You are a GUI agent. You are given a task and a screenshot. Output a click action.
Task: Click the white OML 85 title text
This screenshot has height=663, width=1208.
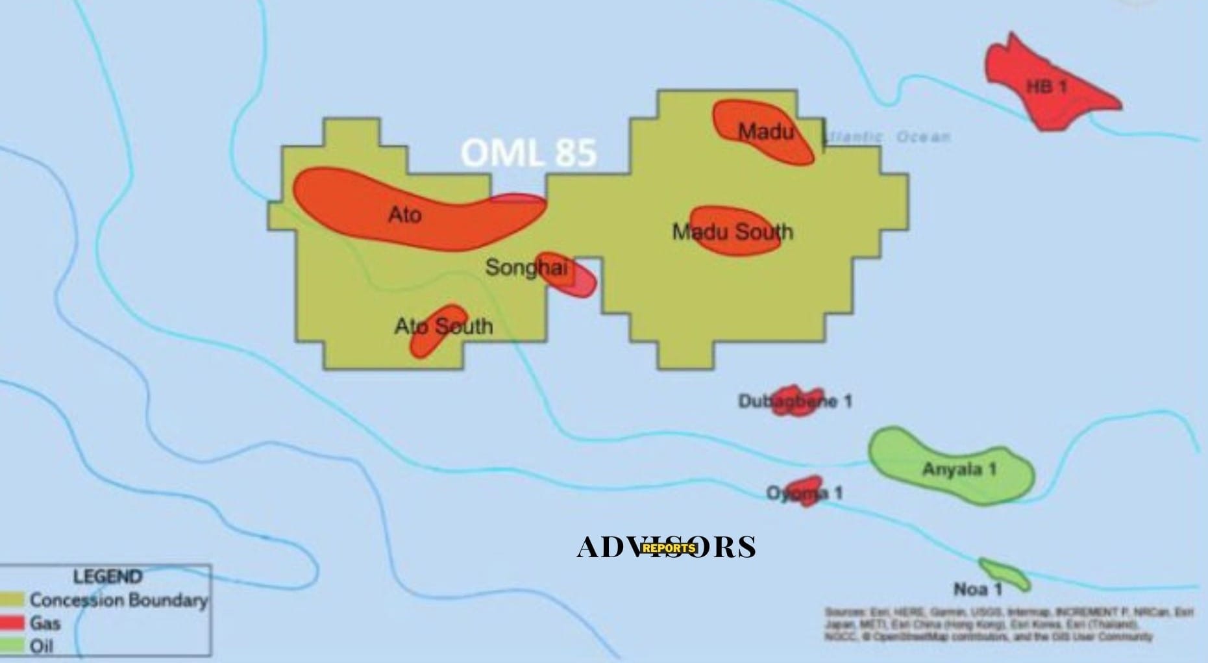click(528, 153)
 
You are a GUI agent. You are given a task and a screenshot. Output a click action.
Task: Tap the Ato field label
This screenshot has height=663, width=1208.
click(405, 214)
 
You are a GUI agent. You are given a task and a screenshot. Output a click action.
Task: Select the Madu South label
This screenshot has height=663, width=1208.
click(732, 231)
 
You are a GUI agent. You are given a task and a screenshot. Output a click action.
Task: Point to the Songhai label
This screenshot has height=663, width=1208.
click(526, 267)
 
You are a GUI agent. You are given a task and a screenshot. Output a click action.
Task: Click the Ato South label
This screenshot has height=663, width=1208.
click(444, 326)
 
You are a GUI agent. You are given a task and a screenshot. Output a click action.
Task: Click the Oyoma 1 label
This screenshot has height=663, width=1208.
click(804, 493)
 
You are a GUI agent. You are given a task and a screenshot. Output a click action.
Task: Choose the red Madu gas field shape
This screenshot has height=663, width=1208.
click(763, 132)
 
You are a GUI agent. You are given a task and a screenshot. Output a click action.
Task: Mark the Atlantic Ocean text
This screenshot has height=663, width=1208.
click(887, 137)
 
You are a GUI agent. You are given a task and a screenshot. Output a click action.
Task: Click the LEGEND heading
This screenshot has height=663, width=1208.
click(108, 577)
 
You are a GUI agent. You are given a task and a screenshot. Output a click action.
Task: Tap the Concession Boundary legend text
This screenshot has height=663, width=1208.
click(119, 600)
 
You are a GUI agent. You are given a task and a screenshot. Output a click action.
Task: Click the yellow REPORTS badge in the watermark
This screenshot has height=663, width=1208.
click(669, 547)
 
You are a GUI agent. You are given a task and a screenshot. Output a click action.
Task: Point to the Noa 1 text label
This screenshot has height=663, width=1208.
click(978, 590)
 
